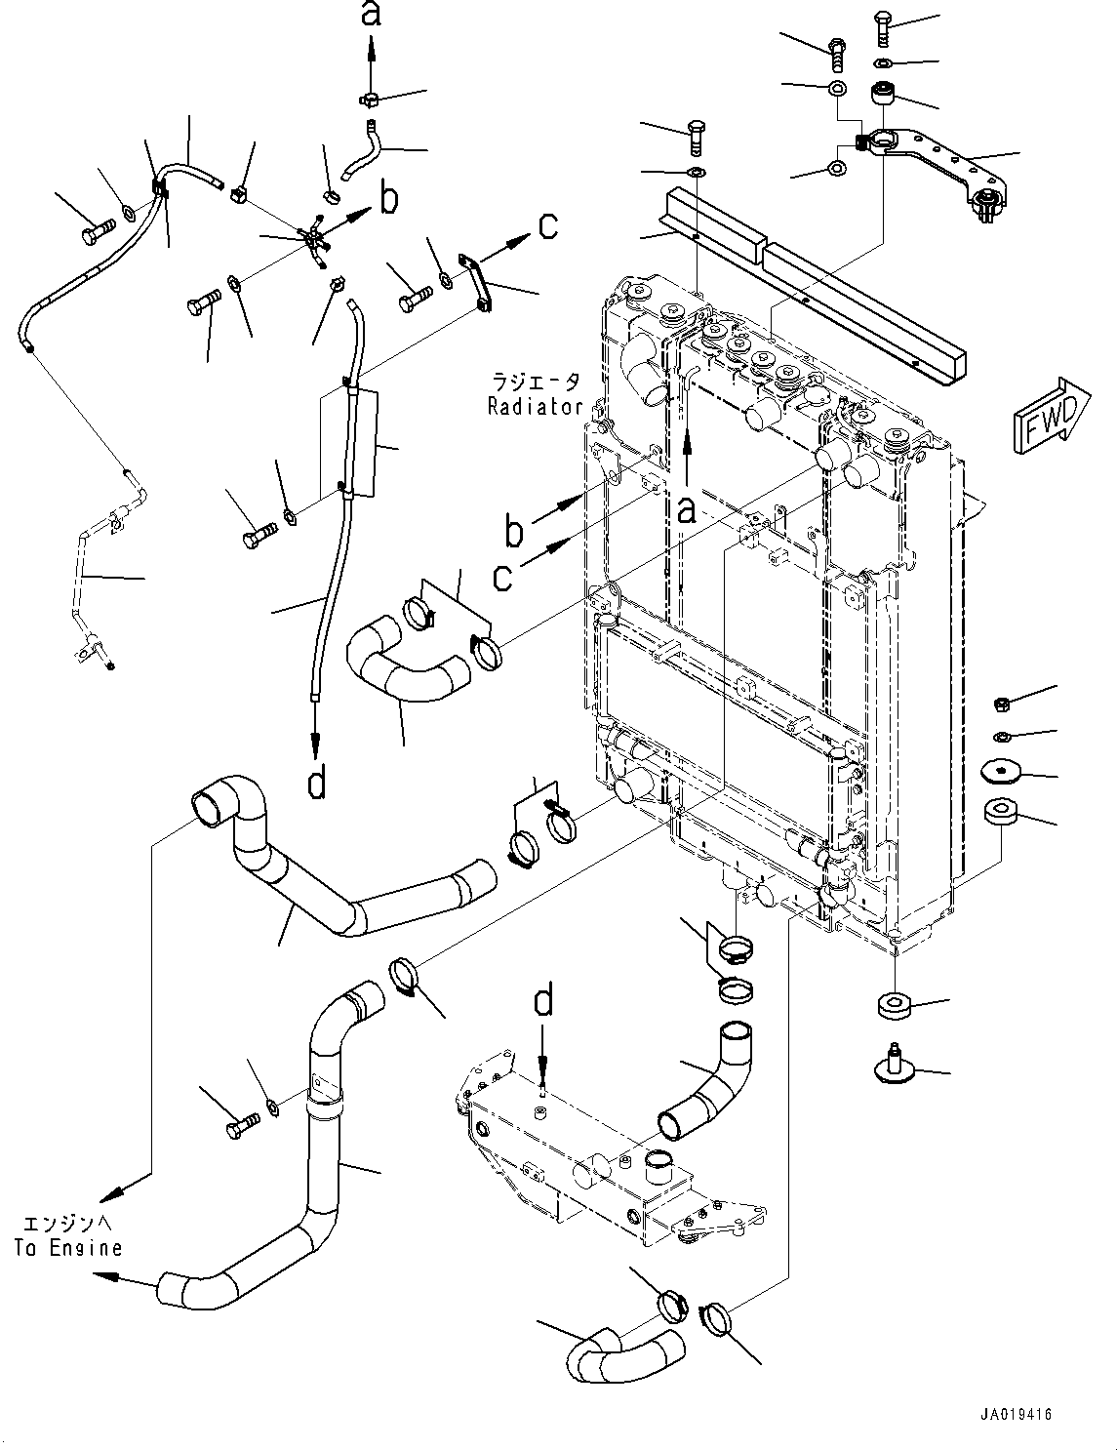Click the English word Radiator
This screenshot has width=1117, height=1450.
(535, 407)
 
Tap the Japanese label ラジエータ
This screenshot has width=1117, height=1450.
(536, 383)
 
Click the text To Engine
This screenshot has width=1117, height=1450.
(68, 1247)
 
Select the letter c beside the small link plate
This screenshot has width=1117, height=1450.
(548, 226)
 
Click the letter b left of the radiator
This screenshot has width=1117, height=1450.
(513, 533)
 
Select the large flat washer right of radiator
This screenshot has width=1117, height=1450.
(1001, 772)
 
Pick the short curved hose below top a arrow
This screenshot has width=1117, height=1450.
(359, 149)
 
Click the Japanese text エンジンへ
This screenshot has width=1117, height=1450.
(68, 1224)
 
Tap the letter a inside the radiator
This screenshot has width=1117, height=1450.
(687, 508)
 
